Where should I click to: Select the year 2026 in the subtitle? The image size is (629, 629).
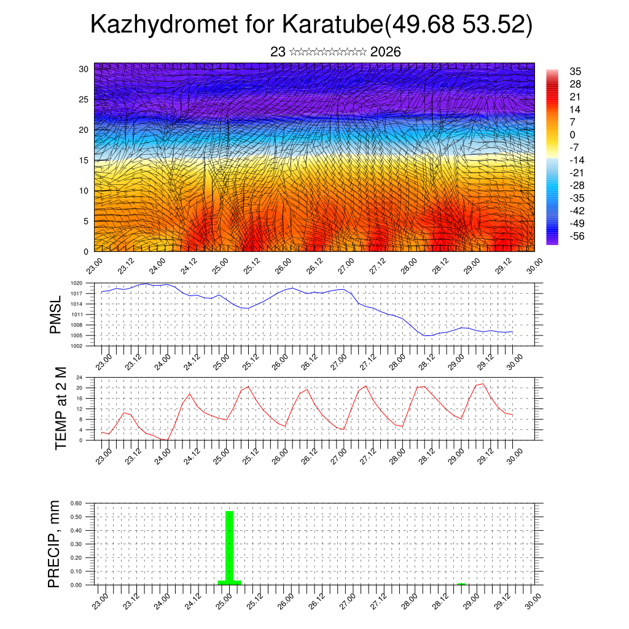[x=386, y=52]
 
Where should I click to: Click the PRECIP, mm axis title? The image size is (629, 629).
[x=55, y=543]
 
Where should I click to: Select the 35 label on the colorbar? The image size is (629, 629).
[x=576, y=71]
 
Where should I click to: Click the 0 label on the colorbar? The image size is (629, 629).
[x=572, y=135]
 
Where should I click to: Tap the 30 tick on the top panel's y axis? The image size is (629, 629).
[x=83, y=69]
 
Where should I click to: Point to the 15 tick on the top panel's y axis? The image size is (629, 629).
[x=83, y=160]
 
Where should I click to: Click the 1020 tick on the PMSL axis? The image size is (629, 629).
[x=77, y=283]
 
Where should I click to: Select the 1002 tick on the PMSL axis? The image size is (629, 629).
[x=77, y=346]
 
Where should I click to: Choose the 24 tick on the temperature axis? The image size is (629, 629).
[x=79, y=377]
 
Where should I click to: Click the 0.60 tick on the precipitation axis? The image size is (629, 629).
[x=76, y=503]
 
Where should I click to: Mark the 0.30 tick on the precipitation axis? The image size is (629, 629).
[x=76, y=544]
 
